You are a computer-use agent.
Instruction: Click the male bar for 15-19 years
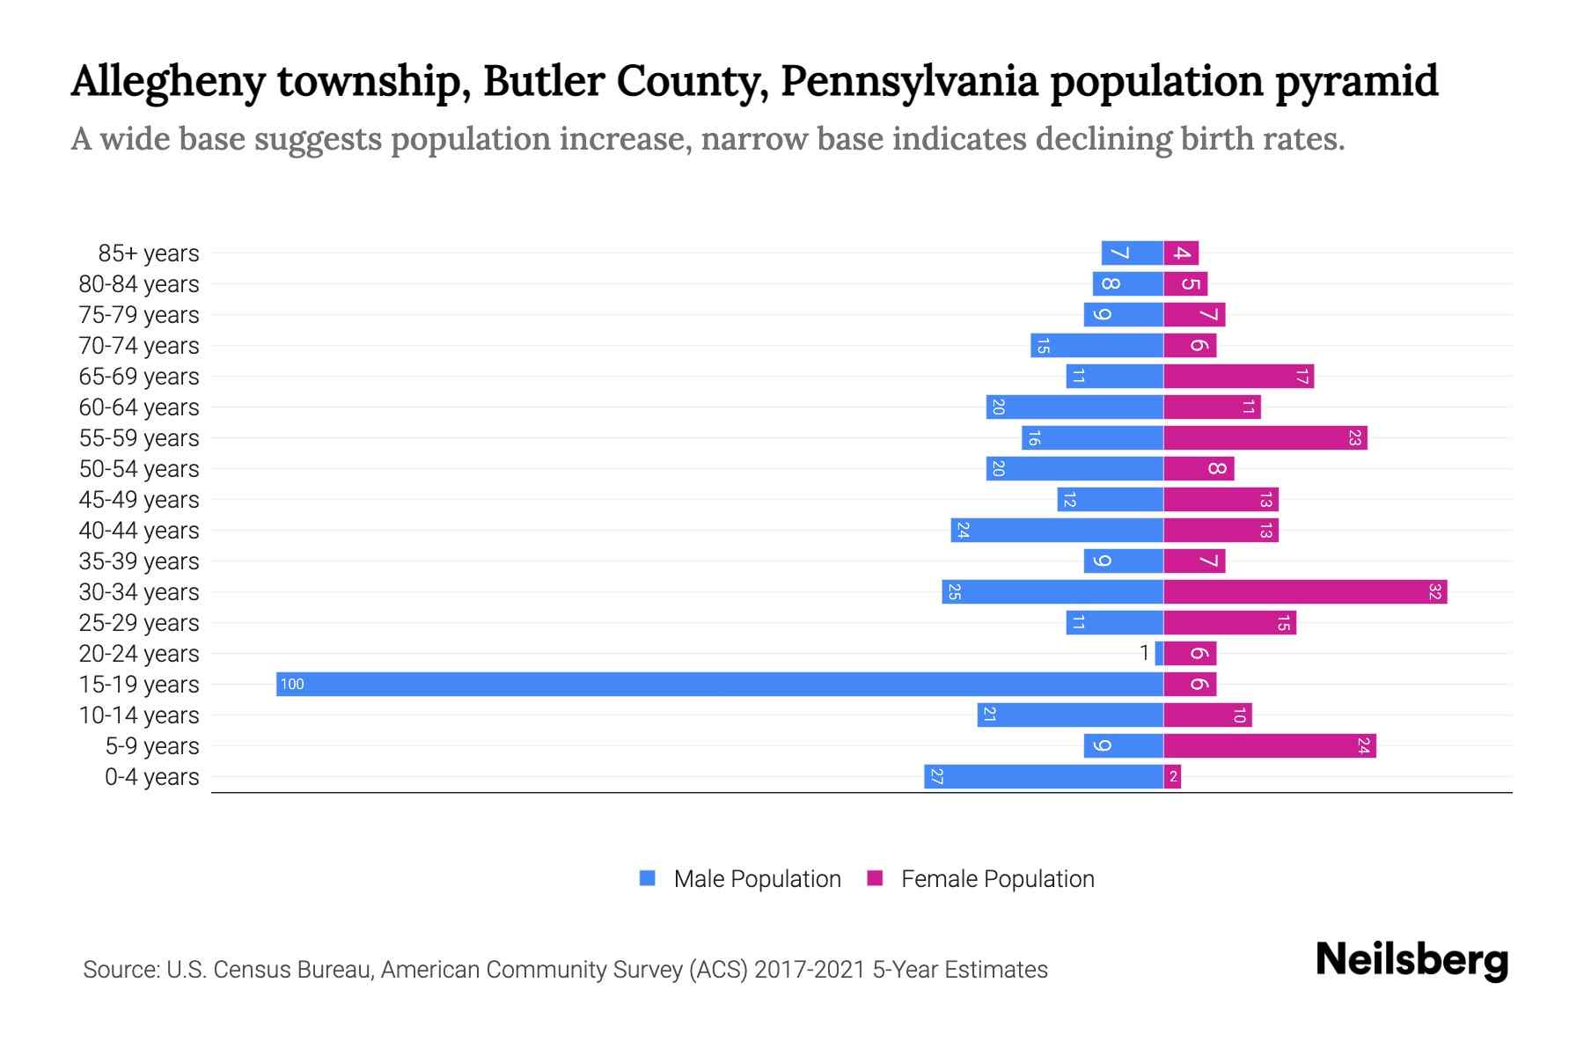click(720, 684)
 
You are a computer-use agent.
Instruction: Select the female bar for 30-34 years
click(1305, 591)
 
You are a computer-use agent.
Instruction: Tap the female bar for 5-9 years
click(1269, 745)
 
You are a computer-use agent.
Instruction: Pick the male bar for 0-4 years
click(1044, 776)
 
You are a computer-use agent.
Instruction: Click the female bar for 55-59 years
click(1265, 437)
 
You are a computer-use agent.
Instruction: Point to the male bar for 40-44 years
click(1057, 530)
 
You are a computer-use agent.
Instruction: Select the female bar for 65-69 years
click(1238, 376)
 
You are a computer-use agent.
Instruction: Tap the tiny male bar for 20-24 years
click(1159, 653)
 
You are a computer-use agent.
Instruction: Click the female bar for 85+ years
click(1181, 253)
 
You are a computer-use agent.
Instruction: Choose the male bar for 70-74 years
click(1096, 345)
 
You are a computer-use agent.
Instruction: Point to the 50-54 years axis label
click(139, 469)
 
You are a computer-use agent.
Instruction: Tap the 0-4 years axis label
click(151, 777)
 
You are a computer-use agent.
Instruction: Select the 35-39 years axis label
click(139, 561)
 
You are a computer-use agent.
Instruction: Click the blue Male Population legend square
click(648, 878)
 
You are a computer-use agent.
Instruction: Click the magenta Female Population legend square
click(875, 878)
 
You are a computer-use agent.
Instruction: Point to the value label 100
click(292, 685)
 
